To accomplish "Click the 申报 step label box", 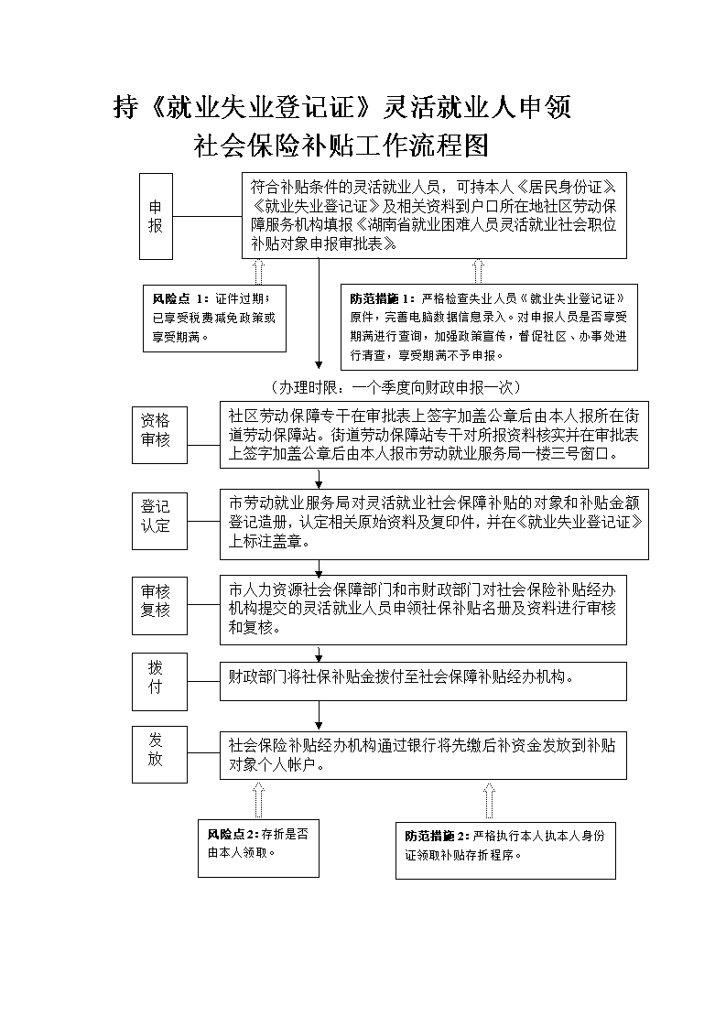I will [x=156, y=216].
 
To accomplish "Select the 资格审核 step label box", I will [x=157, y=430].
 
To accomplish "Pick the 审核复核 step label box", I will [x=157, y=600].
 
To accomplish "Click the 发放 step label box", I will [x=157, y=749].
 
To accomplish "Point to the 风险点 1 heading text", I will [x=180, y=299].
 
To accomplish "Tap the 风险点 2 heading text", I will [x=233, y=834].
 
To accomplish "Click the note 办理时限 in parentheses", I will [x=396, y=387].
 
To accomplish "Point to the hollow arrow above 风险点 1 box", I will [x=258, y=271].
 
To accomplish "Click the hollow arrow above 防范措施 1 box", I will [x=477, y=271].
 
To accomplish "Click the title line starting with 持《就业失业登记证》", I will [x=342, y=107].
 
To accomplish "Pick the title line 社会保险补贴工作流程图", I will [x=342, y=146].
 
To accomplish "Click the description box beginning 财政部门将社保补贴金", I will [x=423, y=680].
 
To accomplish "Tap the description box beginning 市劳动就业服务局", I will [x=434, y=524].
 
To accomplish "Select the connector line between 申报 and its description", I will [x=207, y=216].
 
